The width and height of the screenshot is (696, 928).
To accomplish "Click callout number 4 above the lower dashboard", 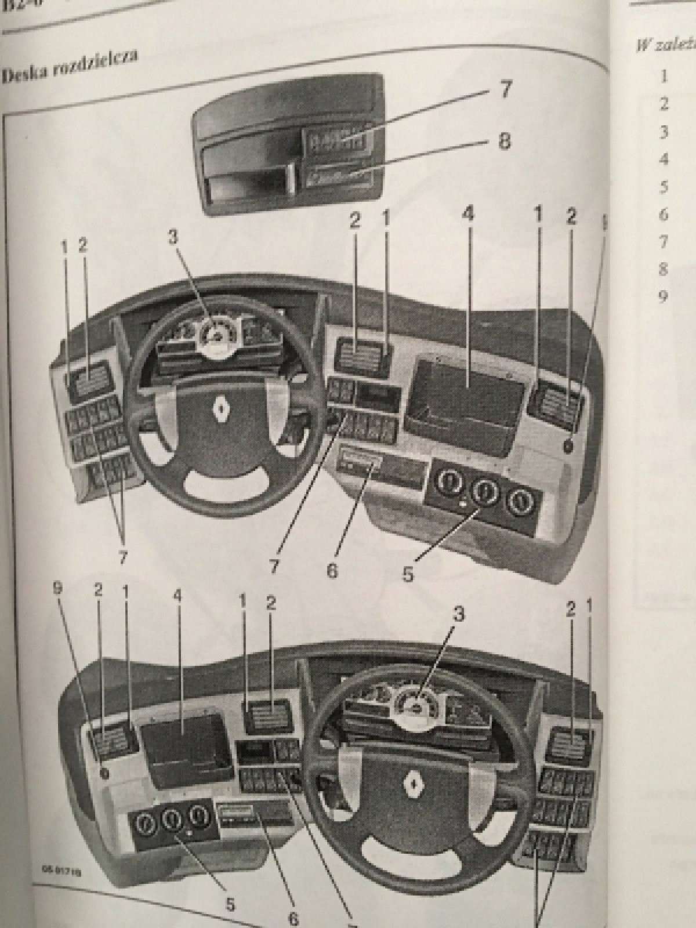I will tap(178, 597).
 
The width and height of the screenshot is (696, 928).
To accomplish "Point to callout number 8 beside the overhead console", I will tap(503, 142).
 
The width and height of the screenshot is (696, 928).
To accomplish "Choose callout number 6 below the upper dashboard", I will tap(332, 570).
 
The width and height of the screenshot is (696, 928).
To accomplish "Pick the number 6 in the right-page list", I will tap(664, 214).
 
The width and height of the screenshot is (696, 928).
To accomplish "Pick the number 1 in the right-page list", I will tap(664, 76).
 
